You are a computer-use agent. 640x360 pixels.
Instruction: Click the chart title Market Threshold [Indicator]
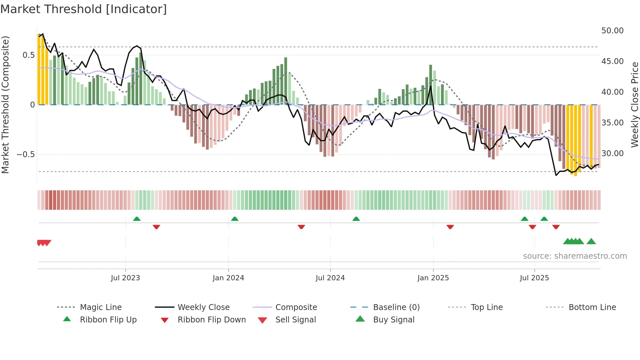pyautogui.click(x=84, y=9)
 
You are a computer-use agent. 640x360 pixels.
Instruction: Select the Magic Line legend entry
pyautogui.click(x=101, y=307)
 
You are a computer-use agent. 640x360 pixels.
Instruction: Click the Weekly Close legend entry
pyautogui.click(x=203, y=307)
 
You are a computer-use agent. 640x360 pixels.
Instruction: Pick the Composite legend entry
pyautogui.click(x=296, y=307)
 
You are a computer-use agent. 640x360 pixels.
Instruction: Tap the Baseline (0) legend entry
pyautogui.click(x=396, y=307)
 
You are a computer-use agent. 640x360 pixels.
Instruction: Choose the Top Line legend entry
pyautogui.click(x=487, y=307)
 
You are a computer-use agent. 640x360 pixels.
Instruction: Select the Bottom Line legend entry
pyautogui.click(x=592, y=307)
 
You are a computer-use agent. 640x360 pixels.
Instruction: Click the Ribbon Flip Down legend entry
pyautogui.click(x=211, y=319)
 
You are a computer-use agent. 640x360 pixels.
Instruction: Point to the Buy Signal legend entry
pyautogui.click(x=393, y=319)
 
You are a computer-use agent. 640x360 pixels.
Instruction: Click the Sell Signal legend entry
pyautogui.click(x=295, y=319)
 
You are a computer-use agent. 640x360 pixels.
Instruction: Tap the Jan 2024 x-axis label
pyautogui.click(x=228, y=278)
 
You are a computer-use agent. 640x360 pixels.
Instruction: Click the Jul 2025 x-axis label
pyautogui.click(x=534, y=278)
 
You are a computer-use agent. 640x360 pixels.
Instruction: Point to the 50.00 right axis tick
pyautogui.click(x=612, y=31)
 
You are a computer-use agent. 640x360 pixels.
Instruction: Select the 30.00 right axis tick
pyautogui.click(x=612, y=154)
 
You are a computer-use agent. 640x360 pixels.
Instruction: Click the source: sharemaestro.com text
pyautogui.click(x=575, y=256)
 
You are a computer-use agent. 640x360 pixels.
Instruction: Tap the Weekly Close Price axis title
pyautogui.click(x=634, y=105)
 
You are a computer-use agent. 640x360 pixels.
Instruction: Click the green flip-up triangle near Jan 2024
pyautogui.click(x=234, y=219)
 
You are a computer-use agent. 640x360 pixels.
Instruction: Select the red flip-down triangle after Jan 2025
pyautogui.click(x=450, y=227)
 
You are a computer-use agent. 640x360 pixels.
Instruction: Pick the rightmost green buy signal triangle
pyautogui.click(x=591, y=241)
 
